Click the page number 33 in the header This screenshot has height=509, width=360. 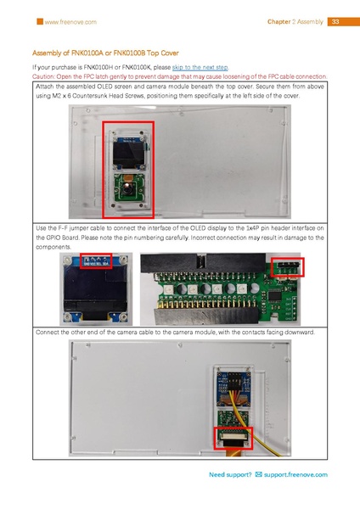coord(335,20)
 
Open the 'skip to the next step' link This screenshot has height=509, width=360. coord(200,66)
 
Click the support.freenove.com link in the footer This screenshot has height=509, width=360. coord(296,474)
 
